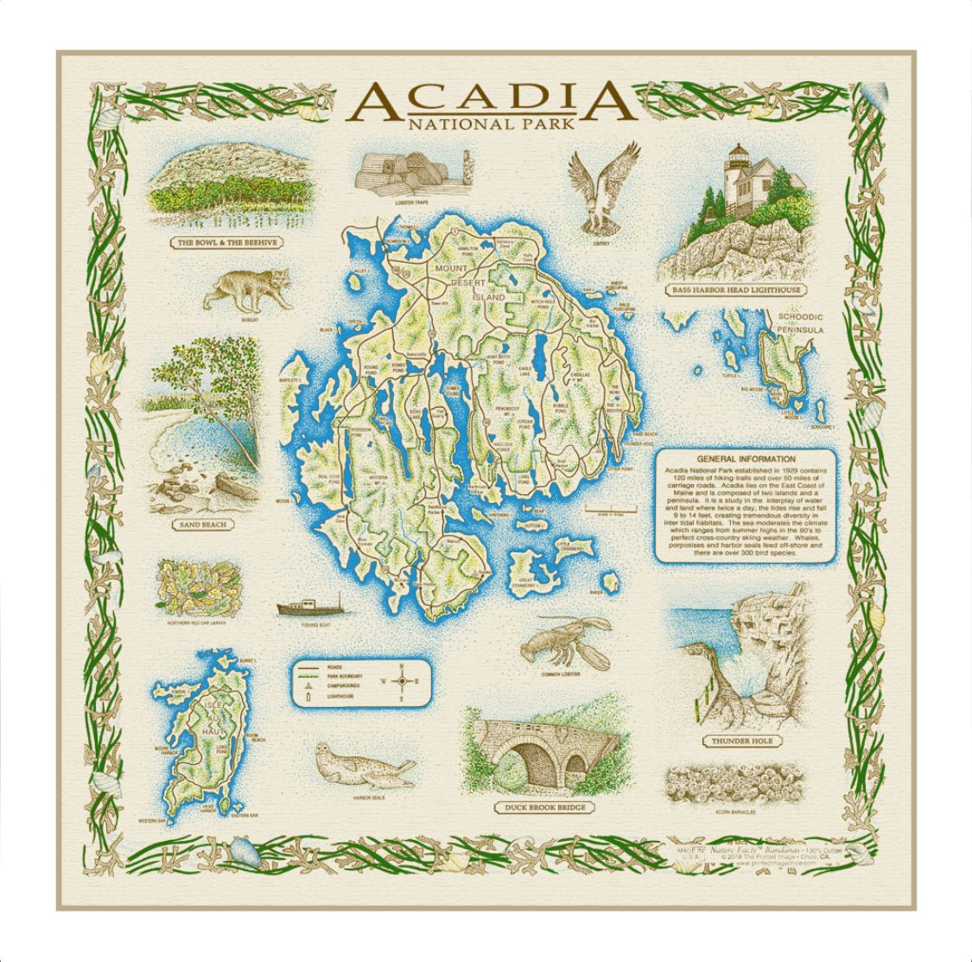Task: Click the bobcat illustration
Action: (248, 290)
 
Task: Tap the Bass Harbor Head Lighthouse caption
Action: (736, 290)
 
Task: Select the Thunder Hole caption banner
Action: (742, 742)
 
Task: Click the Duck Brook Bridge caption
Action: (544, 808)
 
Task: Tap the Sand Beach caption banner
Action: (203, 525)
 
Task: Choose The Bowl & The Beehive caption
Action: (227, 243)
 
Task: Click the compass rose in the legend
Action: (403, 681)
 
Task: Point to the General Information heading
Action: (746, 459)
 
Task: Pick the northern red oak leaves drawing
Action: (198, 589)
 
